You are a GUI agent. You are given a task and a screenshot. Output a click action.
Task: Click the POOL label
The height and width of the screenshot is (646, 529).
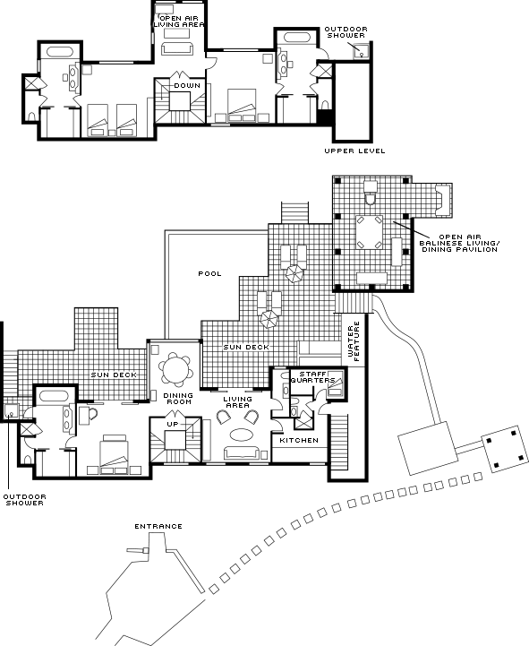point(210,273)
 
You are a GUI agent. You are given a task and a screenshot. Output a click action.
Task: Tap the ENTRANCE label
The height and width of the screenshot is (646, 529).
point(158,526)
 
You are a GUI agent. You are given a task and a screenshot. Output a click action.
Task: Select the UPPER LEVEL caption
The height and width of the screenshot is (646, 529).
point(354,151)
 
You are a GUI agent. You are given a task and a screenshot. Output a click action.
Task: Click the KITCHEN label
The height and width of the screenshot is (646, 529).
point(299,441)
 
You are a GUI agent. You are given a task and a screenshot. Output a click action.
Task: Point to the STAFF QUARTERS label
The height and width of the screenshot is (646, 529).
point(313,377)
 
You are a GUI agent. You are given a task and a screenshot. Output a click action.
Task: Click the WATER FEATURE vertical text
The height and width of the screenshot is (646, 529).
point(354,341)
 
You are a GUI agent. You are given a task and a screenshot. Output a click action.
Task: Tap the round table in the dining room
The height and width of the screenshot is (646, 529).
point(175,369)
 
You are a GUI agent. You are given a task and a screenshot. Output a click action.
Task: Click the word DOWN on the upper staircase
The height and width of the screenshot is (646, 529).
point(187,86)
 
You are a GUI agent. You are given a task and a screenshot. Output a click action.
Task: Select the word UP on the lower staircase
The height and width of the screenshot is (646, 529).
point(173,424)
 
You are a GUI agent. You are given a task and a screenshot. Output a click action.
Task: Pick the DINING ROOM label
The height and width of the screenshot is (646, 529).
point(178,399)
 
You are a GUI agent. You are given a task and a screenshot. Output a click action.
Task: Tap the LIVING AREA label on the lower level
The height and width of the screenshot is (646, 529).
point(237,402)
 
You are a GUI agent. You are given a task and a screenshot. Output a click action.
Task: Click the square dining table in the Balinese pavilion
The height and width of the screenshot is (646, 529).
point(370,232)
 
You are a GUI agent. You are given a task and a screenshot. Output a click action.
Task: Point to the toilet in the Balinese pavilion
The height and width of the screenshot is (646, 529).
point(371,193)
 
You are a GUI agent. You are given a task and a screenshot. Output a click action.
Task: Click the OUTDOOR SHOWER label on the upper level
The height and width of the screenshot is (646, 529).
point(346,32)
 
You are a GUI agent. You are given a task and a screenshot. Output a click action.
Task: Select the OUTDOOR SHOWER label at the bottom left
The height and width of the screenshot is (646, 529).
point(25,500)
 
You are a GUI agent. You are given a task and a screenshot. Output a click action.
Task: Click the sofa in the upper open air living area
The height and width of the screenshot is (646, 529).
point(177,47)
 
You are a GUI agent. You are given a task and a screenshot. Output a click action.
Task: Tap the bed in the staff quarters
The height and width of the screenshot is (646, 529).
point(336,383)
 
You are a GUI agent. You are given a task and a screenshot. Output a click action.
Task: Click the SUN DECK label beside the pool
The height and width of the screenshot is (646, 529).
point(246,348)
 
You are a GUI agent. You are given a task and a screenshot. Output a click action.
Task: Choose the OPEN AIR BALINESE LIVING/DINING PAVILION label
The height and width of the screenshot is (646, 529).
point(459,243)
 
